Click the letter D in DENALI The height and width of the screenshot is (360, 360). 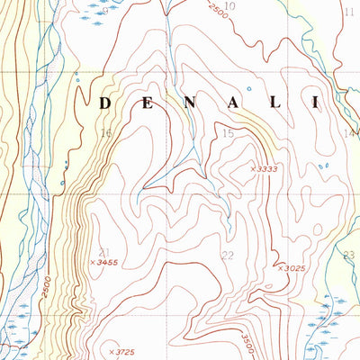(104, 103)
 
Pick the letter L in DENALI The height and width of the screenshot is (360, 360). (274, 103)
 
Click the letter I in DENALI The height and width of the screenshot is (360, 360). (315, 103)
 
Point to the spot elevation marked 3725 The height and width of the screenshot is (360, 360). (123, 350)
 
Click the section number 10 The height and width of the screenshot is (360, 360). (229, 6)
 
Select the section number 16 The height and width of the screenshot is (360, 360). (105, 134)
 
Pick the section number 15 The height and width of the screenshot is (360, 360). (229, 134)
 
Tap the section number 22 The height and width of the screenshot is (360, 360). (227, 256)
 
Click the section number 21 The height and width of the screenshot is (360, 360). (104, 251)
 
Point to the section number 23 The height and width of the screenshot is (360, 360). (349, 255)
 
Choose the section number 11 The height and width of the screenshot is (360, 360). (349, 12)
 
